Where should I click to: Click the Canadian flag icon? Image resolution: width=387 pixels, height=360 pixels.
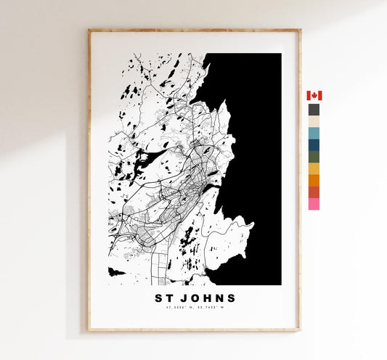click(x=314, y=96)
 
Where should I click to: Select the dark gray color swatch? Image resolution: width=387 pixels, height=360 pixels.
click(x=314, y=110)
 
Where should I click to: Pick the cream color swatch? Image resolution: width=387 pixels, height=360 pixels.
click(x=314, y=121)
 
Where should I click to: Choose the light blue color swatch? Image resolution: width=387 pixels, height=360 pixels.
click(x=314, y=133)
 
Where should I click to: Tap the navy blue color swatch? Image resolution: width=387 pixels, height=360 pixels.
click(x=314, y=144)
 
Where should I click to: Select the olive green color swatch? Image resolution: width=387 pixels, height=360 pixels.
click(x=314, y=157)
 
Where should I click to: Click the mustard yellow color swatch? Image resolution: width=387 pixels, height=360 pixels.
click(x=314, y=168)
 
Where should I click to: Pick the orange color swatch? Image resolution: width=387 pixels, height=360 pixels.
click(x=314, y=180)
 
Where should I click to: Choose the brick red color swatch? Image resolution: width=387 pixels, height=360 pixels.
click(x=314, y=192)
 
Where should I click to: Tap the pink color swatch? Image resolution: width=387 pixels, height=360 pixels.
click(x=314, y=204)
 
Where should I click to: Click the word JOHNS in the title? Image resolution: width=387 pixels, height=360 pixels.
click(x=208, y=298)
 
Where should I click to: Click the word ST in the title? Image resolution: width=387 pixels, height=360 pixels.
click(x=164, y=298)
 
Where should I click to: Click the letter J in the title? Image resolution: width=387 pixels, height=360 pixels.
click(x=184, y=298)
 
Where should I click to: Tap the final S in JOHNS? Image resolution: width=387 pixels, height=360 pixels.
click(x=231, y=298)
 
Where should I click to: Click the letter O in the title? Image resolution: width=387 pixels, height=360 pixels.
click(x=195, y=298)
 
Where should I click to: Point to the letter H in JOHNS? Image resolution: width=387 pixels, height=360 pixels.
click(x=208, y=298)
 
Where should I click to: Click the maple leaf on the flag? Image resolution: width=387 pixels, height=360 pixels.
click(x=314, y=96)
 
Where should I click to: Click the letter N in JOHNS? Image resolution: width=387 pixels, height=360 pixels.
click(x=219, y=298)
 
